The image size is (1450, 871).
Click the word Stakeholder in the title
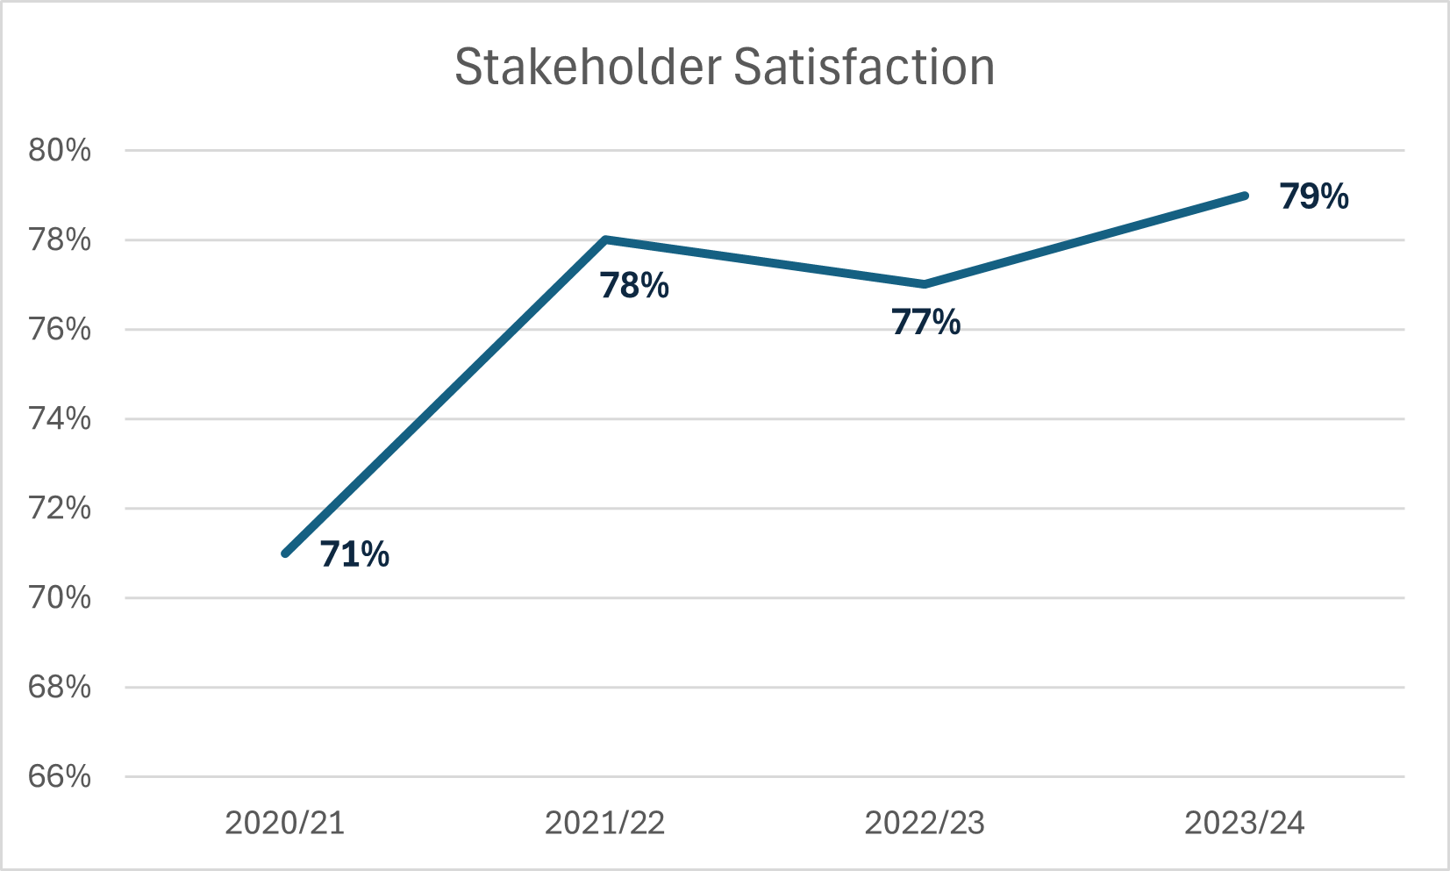[588, 68]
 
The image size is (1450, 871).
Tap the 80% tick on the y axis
[60, 150]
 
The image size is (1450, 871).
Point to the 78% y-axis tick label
[60, 239]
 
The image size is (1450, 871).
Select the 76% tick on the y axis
[60, 329]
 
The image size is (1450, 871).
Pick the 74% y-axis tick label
[60, 418]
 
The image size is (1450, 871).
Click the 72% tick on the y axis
[60, 508]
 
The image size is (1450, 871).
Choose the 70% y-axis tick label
[60, 597]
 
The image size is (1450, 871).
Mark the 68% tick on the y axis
[60, 687]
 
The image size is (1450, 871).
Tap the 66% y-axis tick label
[60, 776]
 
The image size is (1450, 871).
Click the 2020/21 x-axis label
[285, 823]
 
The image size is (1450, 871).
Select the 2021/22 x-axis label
[605, 823]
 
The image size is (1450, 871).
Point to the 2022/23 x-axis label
[925, 823]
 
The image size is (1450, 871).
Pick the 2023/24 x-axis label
[1245, 823]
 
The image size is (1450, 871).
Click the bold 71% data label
[354, 554]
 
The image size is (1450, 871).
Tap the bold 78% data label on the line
[634, 286]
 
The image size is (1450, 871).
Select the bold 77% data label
[925, 323]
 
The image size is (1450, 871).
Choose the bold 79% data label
[1313, 196]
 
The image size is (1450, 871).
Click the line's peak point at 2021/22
[605, 239]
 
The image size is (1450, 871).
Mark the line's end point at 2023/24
[1244, 196]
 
